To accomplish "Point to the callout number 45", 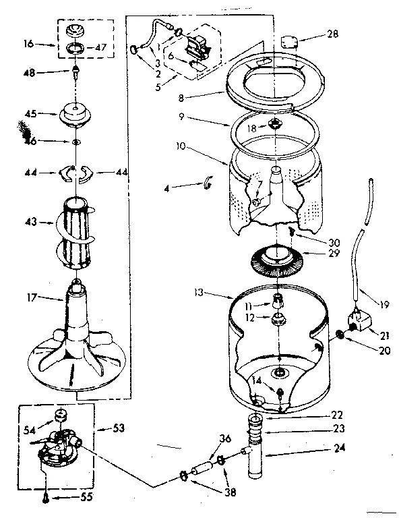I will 32,113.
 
